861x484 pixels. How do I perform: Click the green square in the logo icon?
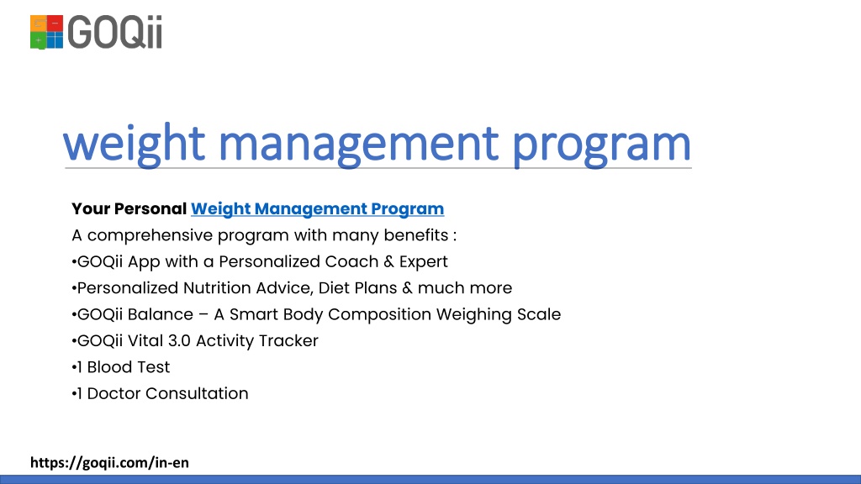click(x=39, y=39)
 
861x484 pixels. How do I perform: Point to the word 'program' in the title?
click(x=602, y=143)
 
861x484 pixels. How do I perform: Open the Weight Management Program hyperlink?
click(x=317, y=208)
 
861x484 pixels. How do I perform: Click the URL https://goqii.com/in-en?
click(x=109, y=462)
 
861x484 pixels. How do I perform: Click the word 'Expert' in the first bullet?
click(x=423, y=261)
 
